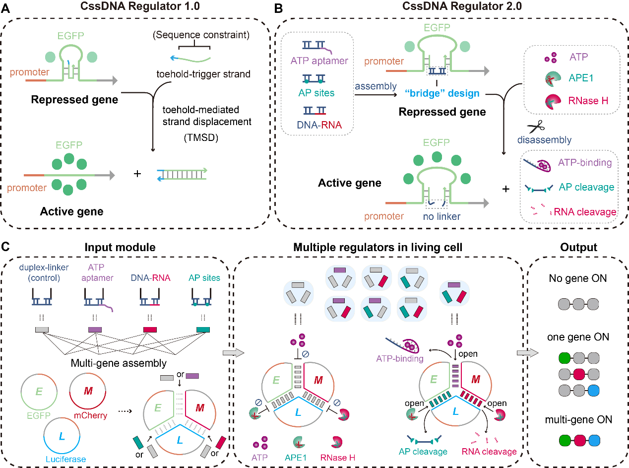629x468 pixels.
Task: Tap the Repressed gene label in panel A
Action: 74,100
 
